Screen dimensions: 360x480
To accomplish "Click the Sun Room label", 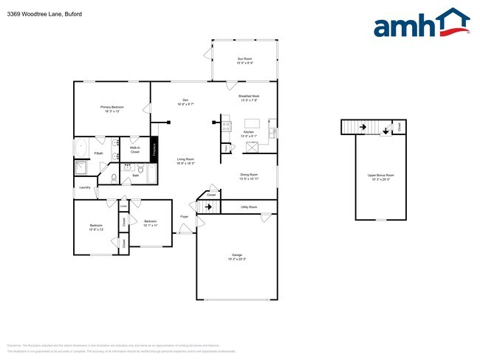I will coord(245,60).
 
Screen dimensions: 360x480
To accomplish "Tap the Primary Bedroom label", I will coord(112,109).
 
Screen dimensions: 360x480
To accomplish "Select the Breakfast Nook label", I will coord(248,98).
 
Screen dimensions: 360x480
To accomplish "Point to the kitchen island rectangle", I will coord(253,123).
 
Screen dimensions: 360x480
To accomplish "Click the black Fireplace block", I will coord(154,148).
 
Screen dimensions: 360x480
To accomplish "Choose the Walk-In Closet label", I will coord(135,150).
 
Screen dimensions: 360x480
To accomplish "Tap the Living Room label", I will coord(185,161).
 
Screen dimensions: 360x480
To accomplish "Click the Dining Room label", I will coord(248,176).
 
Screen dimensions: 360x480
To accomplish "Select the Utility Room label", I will coord(249,208).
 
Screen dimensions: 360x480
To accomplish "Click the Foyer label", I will coord(184,216).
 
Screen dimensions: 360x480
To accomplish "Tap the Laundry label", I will coord(86,187).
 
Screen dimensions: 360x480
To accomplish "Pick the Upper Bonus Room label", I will coord(381,176).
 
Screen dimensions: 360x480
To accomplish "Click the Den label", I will coord(185,102).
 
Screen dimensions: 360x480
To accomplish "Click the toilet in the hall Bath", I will coord(114,177).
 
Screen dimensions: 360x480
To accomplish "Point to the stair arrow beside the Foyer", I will coord(209,207).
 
